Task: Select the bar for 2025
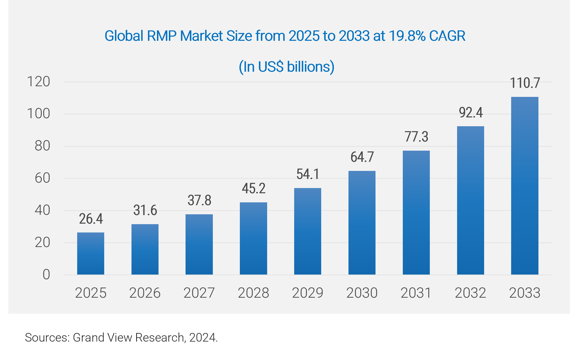pos(91,254)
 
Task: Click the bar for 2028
pos(253,238)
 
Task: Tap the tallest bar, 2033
pos(525,186)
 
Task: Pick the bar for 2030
pos(362,223)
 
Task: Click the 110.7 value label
pos(525,83)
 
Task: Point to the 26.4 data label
pos(91,219)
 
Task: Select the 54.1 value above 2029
pos(308,174)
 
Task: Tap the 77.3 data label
pos(416,137)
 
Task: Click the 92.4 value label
pos(471,112)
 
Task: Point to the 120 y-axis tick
pos(38,82)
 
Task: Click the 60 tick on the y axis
pos(42,178)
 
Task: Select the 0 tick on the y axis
pos(46,275)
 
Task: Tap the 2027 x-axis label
pos(199,293)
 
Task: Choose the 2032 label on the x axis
pos(470,293)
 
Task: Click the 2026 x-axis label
pos(145,293)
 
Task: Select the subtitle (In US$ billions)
pos(286,67)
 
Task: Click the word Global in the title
pos(124,36)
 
